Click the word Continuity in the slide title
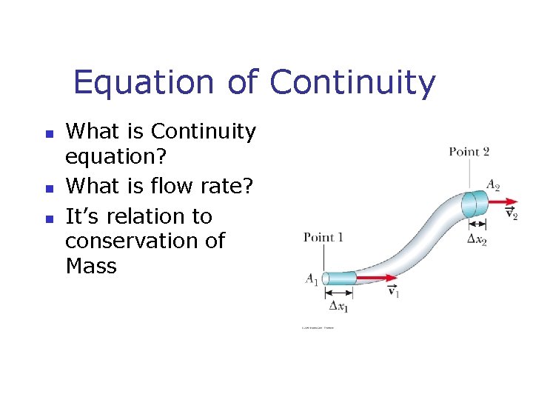352,82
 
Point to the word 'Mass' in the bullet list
91,266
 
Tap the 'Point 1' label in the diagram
324,238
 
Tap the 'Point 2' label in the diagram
469,152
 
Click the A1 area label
312,279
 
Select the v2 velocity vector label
511,213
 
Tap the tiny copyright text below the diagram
318,327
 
